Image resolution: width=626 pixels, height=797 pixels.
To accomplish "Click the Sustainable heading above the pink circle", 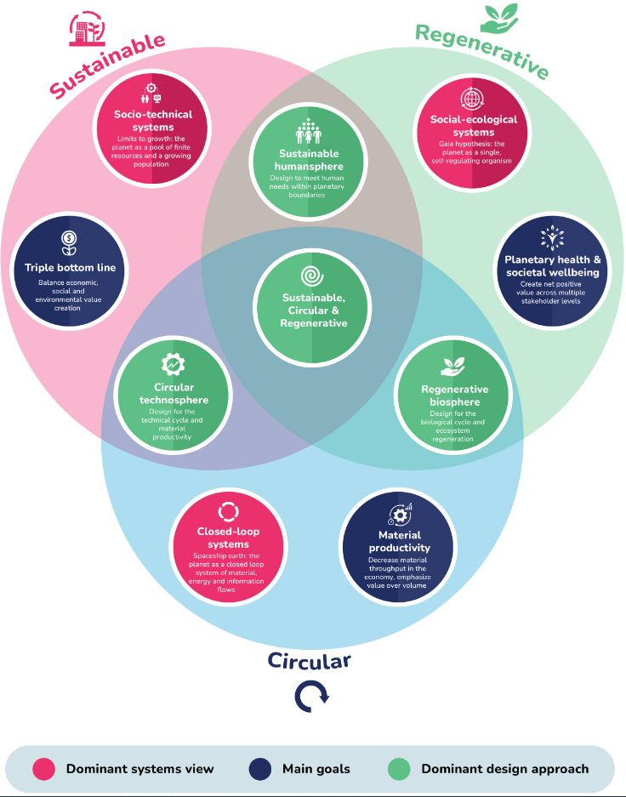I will point(106,65).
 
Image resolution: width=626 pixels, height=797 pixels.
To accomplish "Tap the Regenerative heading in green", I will point(481,51).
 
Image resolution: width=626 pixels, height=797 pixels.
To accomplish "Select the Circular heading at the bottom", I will point(309,661).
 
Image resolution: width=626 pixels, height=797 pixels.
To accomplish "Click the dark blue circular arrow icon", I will point(310,697).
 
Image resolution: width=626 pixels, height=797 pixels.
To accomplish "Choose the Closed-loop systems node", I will point(228,549).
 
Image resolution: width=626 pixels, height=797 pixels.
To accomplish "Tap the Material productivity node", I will point(398,549).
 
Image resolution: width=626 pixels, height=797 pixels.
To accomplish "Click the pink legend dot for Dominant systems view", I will point(44,769).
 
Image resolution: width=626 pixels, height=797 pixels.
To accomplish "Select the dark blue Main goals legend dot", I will point(260,769).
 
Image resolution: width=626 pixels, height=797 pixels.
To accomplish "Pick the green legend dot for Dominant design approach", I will point(399,769).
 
